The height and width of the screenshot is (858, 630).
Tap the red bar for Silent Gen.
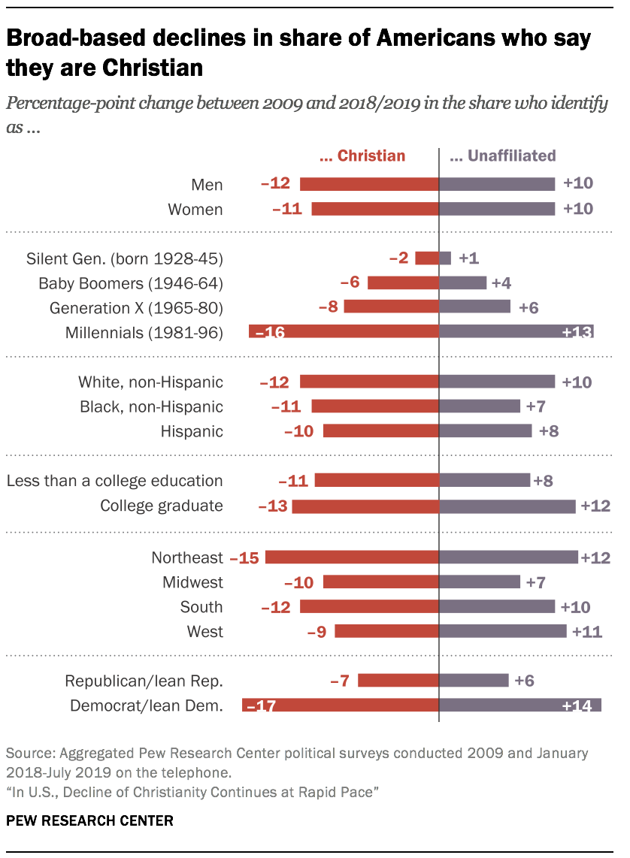point(427,258)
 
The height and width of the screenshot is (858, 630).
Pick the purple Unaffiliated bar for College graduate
point(507,506)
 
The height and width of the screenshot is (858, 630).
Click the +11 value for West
point(586,632)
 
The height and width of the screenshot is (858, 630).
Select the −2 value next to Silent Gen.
point(399,258)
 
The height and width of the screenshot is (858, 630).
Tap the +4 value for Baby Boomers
point(501,283)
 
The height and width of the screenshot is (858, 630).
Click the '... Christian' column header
point(362,156)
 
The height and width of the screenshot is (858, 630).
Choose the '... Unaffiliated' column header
point(502,156)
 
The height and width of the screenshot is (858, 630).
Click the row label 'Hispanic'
point(192,431)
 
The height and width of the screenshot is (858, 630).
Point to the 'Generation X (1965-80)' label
point(136,308)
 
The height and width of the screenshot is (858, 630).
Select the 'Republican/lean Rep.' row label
point(144,681)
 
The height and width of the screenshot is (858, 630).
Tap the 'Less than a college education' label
point(114,481)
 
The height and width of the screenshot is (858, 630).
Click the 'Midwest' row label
point(192,582)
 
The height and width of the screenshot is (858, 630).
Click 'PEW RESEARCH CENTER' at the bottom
point(89,820)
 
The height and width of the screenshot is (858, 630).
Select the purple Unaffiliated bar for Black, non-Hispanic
point(480,406)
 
